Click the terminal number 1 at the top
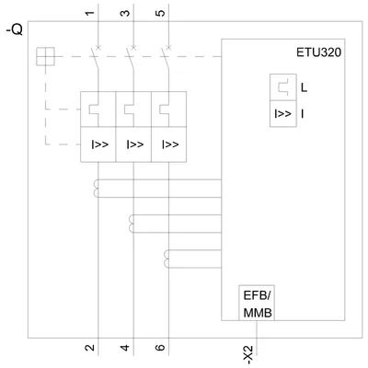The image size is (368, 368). click(89, 13)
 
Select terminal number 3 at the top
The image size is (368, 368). click(125, 13)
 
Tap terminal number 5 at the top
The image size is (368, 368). click(160, 13)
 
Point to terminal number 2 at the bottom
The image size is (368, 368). click(89, 348)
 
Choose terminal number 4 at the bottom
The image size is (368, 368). click(125, 348)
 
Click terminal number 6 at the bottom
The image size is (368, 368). click(160, 348)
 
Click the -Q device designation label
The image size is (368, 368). click(14, 30)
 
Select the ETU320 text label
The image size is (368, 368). click(318, 52)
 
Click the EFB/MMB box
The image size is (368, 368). click(257, 303)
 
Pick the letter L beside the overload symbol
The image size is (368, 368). click(304, 88)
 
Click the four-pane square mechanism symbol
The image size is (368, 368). click(45, 56)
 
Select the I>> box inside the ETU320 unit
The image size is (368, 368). click(283, 114)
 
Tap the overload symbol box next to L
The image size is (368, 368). click(283, 87)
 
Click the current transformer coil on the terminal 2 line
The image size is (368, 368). click(96, 189)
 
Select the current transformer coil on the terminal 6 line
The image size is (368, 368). click(167, 259)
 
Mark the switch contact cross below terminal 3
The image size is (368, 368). click(133, 47)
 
